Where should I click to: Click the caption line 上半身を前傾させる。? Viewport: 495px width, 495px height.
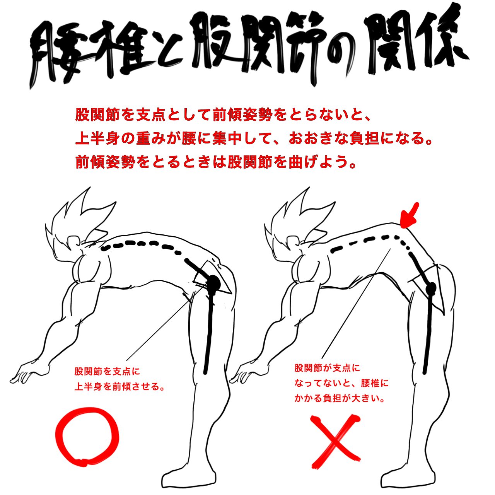[119, 387]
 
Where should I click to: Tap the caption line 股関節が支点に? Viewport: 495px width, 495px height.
[327, 368]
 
